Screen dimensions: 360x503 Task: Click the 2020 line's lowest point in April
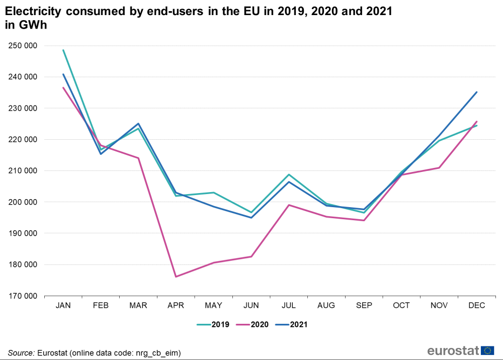click(176, 277)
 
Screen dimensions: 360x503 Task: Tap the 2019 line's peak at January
click(63, 50)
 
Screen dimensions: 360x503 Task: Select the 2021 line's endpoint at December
click(476, 92)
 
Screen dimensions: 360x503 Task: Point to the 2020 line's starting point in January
click(63, 87)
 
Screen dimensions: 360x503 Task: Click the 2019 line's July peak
click(289, 174)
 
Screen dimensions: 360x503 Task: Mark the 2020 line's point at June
click(251, 256)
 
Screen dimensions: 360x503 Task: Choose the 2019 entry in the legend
click(213, 325)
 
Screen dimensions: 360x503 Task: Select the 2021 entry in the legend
click(291, 325)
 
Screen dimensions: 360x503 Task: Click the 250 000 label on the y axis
click(23, 46)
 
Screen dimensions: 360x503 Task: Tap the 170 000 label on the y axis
click(23, 296)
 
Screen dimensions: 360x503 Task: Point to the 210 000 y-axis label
click(23, 171)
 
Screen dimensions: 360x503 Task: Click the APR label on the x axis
click(176, 306)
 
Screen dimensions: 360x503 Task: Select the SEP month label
click(364, 306)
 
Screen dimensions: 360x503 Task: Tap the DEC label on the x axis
click(476, 306)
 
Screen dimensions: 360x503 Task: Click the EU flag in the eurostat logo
click(487, 350)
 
